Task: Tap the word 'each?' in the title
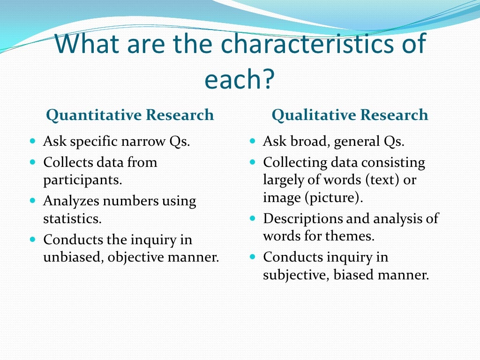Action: click(x=239, y=80)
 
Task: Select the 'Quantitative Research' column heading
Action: click(x=130, y=115)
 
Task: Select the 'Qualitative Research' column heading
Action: click(x=350, y=115)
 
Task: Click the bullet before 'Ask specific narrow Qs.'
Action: click(x=32, y=141)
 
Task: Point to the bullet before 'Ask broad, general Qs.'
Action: click(x=253, y=141)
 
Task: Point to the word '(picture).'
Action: click(x=334, y=197)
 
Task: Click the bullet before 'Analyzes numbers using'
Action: click(x=32, y=200)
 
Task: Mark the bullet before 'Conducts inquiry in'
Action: click(x=253, y=257)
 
